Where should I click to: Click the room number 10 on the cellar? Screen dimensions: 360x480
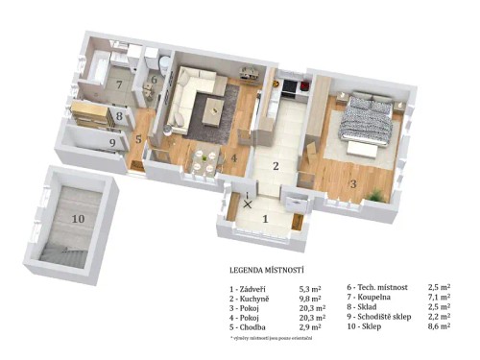[77, 217]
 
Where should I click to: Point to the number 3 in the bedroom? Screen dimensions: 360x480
[352, 182]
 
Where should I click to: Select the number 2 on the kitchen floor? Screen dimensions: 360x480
[274, 166]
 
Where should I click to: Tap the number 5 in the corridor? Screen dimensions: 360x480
[138, 138]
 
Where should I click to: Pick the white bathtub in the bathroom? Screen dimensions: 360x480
[99, 67]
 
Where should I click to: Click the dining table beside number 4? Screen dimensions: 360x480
[203, 156]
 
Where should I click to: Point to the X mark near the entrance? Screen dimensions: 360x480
[250, 203]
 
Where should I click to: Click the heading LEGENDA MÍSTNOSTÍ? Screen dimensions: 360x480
[273, 272]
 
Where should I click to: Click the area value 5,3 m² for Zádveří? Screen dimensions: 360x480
[311, 287]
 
